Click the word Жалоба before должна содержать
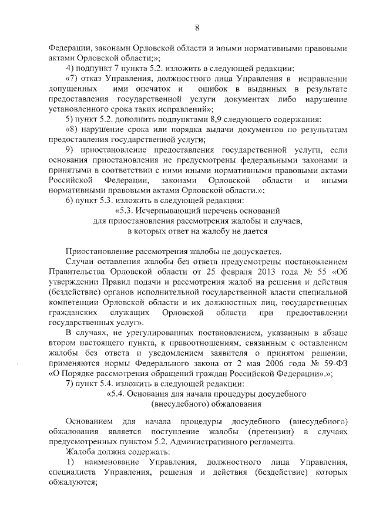80,453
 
